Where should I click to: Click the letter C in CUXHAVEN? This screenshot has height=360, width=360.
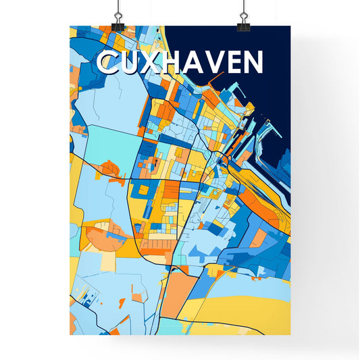(107, 63)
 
